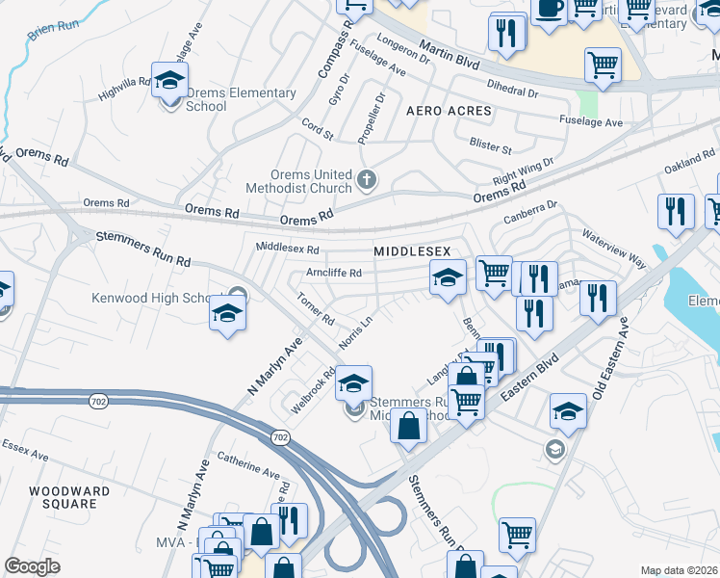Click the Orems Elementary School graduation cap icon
(169, 80)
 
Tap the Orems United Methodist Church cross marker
(366, 180)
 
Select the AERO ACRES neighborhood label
(449, 111)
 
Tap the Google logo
(32, 566)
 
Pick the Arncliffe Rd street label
(333, 273)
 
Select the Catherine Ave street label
(248, 467)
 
